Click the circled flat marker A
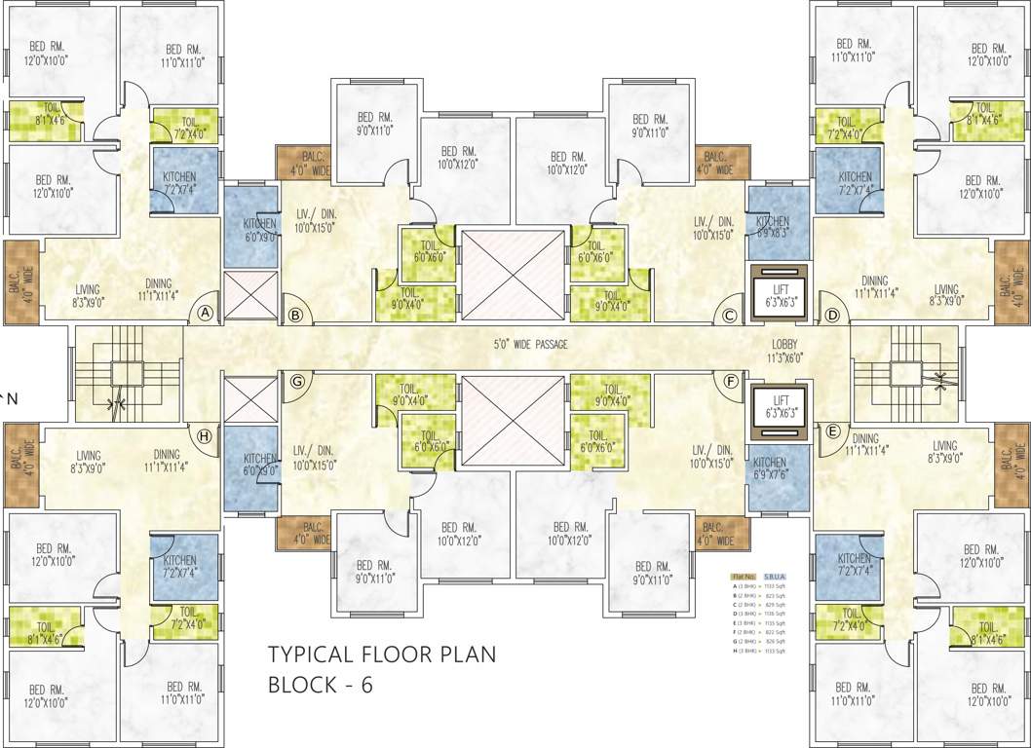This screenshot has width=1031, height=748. point(205,313)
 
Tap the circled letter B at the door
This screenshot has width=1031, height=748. point(294,315)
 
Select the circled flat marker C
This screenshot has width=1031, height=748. point(730,315)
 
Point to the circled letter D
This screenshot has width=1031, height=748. point(832,315)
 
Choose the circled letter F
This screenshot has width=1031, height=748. point(730,381)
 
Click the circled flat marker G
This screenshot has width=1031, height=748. point(297,381)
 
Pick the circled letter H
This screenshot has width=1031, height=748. point(205,435)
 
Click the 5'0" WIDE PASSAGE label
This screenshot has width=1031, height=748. point(530,344)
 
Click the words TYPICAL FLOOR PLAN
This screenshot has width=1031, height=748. point(382,654)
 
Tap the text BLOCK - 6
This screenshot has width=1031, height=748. point(321,685)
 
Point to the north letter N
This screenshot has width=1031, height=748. point(12,398)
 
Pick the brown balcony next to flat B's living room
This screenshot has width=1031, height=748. point(305,163)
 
